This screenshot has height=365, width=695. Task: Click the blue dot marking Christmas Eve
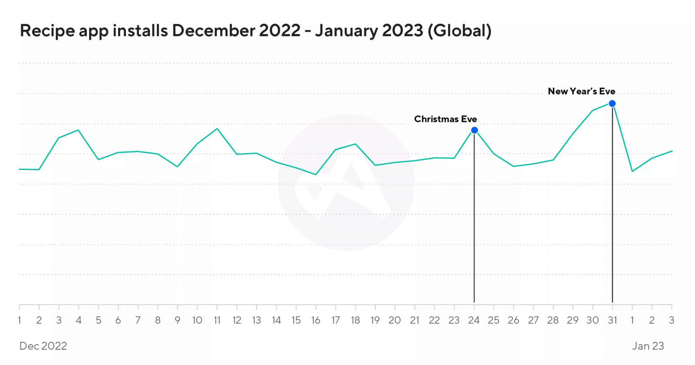tap(474, 130)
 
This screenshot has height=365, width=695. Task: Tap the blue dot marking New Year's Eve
tap(612, 103)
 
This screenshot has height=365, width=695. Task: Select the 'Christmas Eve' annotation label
tap(445, 119)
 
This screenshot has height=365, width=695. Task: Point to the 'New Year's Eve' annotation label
tap(581, 91)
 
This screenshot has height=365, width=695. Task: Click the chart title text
tap(255, 31)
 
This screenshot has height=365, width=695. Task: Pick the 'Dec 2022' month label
tap(43, 346)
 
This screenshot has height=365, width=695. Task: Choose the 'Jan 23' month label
tap(648, 346)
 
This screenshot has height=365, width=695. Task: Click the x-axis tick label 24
tap(473, 320)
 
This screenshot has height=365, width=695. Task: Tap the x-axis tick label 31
tap(612, 320)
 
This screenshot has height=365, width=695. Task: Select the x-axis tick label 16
tap(316, 320)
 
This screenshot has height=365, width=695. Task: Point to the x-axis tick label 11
tap(217, 320)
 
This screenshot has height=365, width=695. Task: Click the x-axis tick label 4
tap(79, 320)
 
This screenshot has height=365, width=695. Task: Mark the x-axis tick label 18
tap(355, 320)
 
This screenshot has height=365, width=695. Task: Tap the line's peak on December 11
tap(217, 128)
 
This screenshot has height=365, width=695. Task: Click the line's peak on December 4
tap(78, 130)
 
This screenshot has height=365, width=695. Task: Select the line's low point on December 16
tap(316, 174)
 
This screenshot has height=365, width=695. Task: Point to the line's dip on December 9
tap(177, 167)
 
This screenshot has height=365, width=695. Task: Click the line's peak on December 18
tap(356, 144)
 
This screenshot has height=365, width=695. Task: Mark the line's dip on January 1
tap(632, 171)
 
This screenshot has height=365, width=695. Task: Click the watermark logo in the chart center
tap(346, 182)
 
